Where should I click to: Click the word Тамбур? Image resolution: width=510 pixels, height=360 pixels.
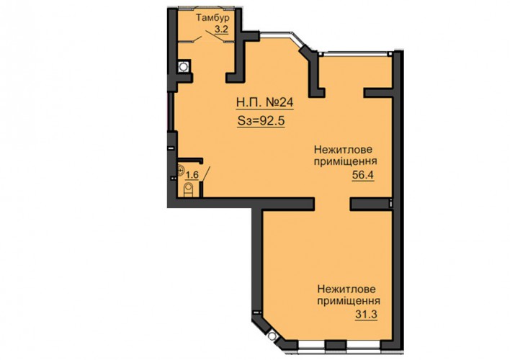pyautogui.click(x=212, y=17)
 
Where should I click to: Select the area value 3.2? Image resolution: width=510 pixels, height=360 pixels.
pyautogui.click(x=221, y=30)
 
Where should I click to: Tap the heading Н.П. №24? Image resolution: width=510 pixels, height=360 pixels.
pyautogui.click(x=265, y=103)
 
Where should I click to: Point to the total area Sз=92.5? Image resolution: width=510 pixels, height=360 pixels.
pyautogui.click(x=261, y=121)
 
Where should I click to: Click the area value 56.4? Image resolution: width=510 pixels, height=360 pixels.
pyautogui.click(x=363, y=175)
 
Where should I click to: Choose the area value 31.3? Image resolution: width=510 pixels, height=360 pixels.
pyautogui.click(x=366, y=315)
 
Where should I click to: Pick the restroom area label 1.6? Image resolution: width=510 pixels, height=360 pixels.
pyautogui.click(x=192, y=175)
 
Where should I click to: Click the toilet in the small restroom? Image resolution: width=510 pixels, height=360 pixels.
pyautogui.click(x=188, y=190)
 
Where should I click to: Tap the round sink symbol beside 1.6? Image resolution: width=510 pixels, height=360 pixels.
pyautogui.click(x=182, y=171)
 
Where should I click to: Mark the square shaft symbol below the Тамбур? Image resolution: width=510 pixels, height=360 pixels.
pyautogui.click(x=184, y=67)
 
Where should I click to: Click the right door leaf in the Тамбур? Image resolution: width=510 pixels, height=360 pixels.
pyautogui.click(x=215, y=36)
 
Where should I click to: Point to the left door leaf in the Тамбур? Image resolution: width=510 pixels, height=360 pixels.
pyautogui.click(x=196, y=40)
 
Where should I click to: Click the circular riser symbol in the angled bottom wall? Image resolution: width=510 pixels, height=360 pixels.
pyautogui.click(x=272, y=336)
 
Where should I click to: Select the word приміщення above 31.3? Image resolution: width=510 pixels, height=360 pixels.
pyautogui.click(x=349, y=301)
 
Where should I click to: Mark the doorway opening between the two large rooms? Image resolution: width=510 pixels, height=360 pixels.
pyautogui.click(x=332, y=204)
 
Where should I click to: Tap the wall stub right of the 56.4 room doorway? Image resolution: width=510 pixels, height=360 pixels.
pyautogui.click(x=371, y=204)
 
